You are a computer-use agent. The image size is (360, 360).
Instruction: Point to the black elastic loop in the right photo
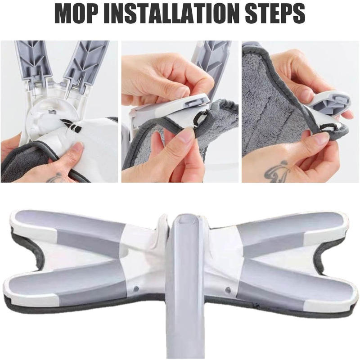[x=332, y=126]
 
